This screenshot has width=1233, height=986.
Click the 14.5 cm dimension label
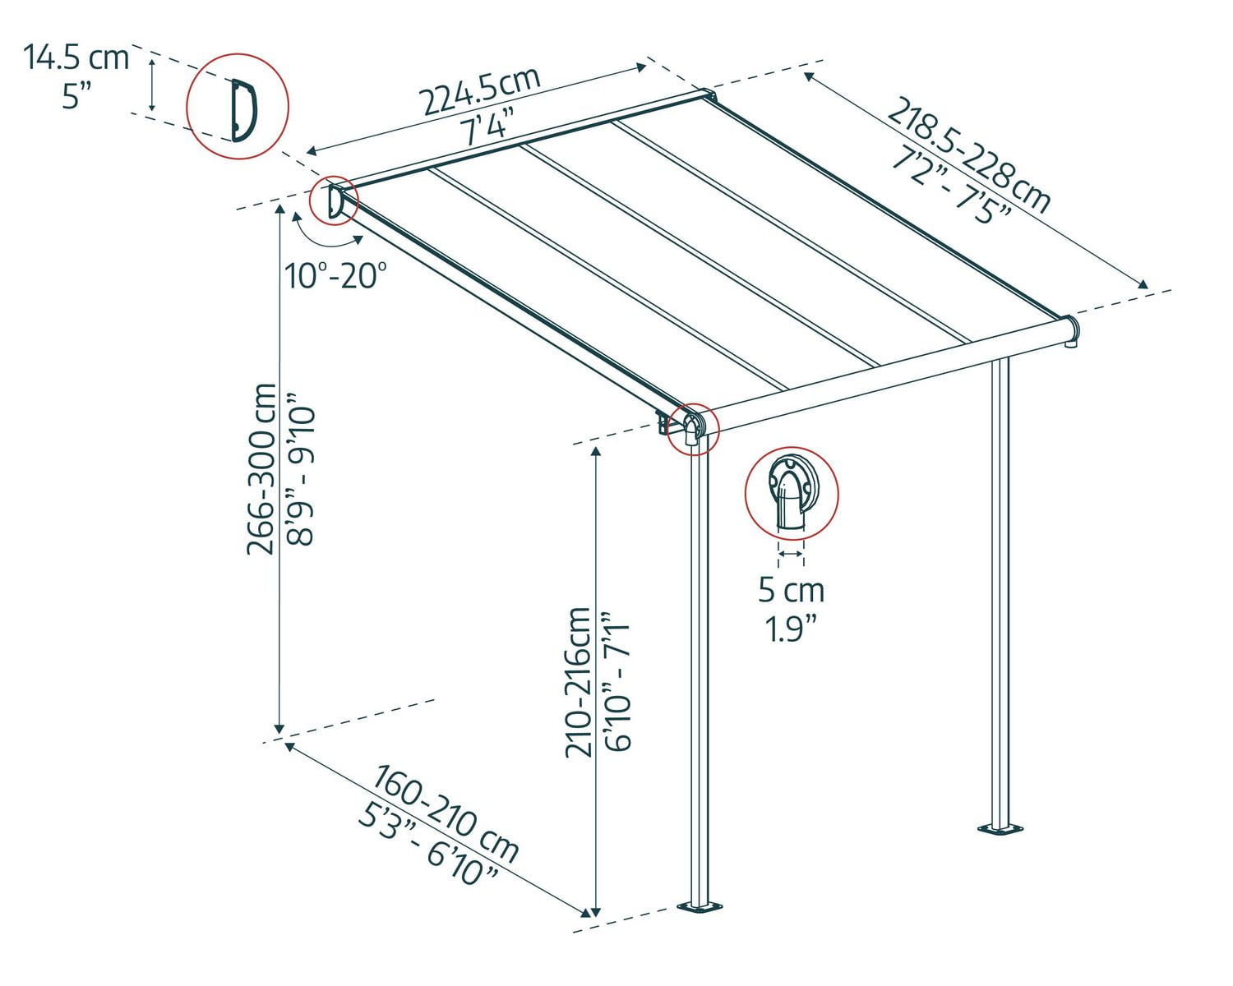76,58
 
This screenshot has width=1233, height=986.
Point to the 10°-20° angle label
335,275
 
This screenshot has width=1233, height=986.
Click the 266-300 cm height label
262,469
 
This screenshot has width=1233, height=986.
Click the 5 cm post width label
791,589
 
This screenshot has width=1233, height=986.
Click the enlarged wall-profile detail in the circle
238,106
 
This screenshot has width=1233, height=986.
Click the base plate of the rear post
1000,828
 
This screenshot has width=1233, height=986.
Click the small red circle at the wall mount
334,200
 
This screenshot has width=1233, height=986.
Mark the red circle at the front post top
693,427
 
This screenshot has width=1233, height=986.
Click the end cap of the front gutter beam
1071,330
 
